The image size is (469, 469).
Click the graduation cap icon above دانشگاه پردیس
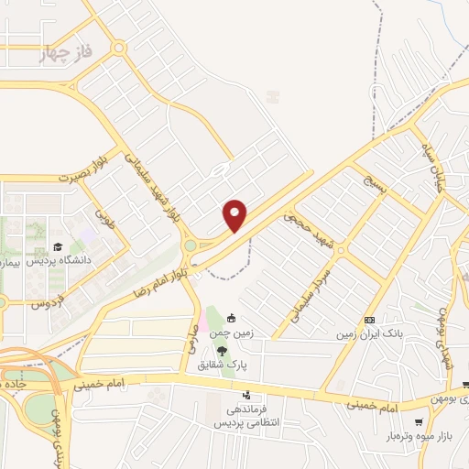coord(58,246)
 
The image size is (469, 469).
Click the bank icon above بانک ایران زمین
coord(369,320)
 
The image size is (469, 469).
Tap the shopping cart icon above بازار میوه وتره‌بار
coord(419,422)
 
